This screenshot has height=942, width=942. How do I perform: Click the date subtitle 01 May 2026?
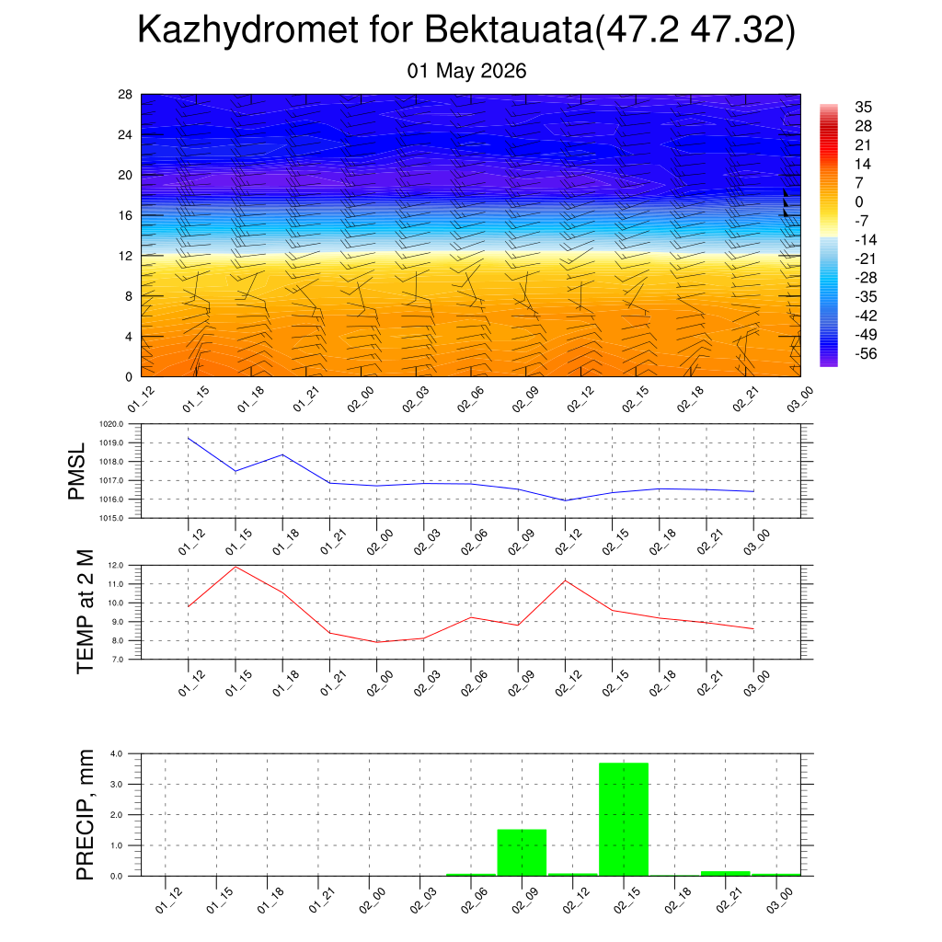tap(466, 71)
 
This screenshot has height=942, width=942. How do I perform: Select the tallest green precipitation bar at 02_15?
tap(624, 820)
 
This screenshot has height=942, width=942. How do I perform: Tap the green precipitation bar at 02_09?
tap(523, 853)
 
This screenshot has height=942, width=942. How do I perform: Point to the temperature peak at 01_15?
tap(235, 567)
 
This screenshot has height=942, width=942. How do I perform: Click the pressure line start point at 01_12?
tap(189, 438)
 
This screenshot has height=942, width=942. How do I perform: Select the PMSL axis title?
tap(77, 472)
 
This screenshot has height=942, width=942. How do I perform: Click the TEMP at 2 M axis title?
tap(86, 612)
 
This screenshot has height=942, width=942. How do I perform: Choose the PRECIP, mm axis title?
tap(86, 815)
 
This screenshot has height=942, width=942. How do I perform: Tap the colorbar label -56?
tap(866, 354)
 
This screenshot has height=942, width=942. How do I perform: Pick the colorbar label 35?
tap(863, 107)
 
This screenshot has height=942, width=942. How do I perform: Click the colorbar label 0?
tap(859, 201)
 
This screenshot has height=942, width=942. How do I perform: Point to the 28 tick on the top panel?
tap(125, 95)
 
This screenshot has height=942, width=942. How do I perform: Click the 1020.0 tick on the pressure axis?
tap(111, 424)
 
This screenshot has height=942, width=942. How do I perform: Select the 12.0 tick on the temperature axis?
tap(115, 566)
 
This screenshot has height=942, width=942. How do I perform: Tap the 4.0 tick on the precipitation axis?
tap(116, 753)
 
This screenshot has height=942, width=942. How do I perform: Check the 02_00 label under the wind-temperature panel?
tap(361, 399)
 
